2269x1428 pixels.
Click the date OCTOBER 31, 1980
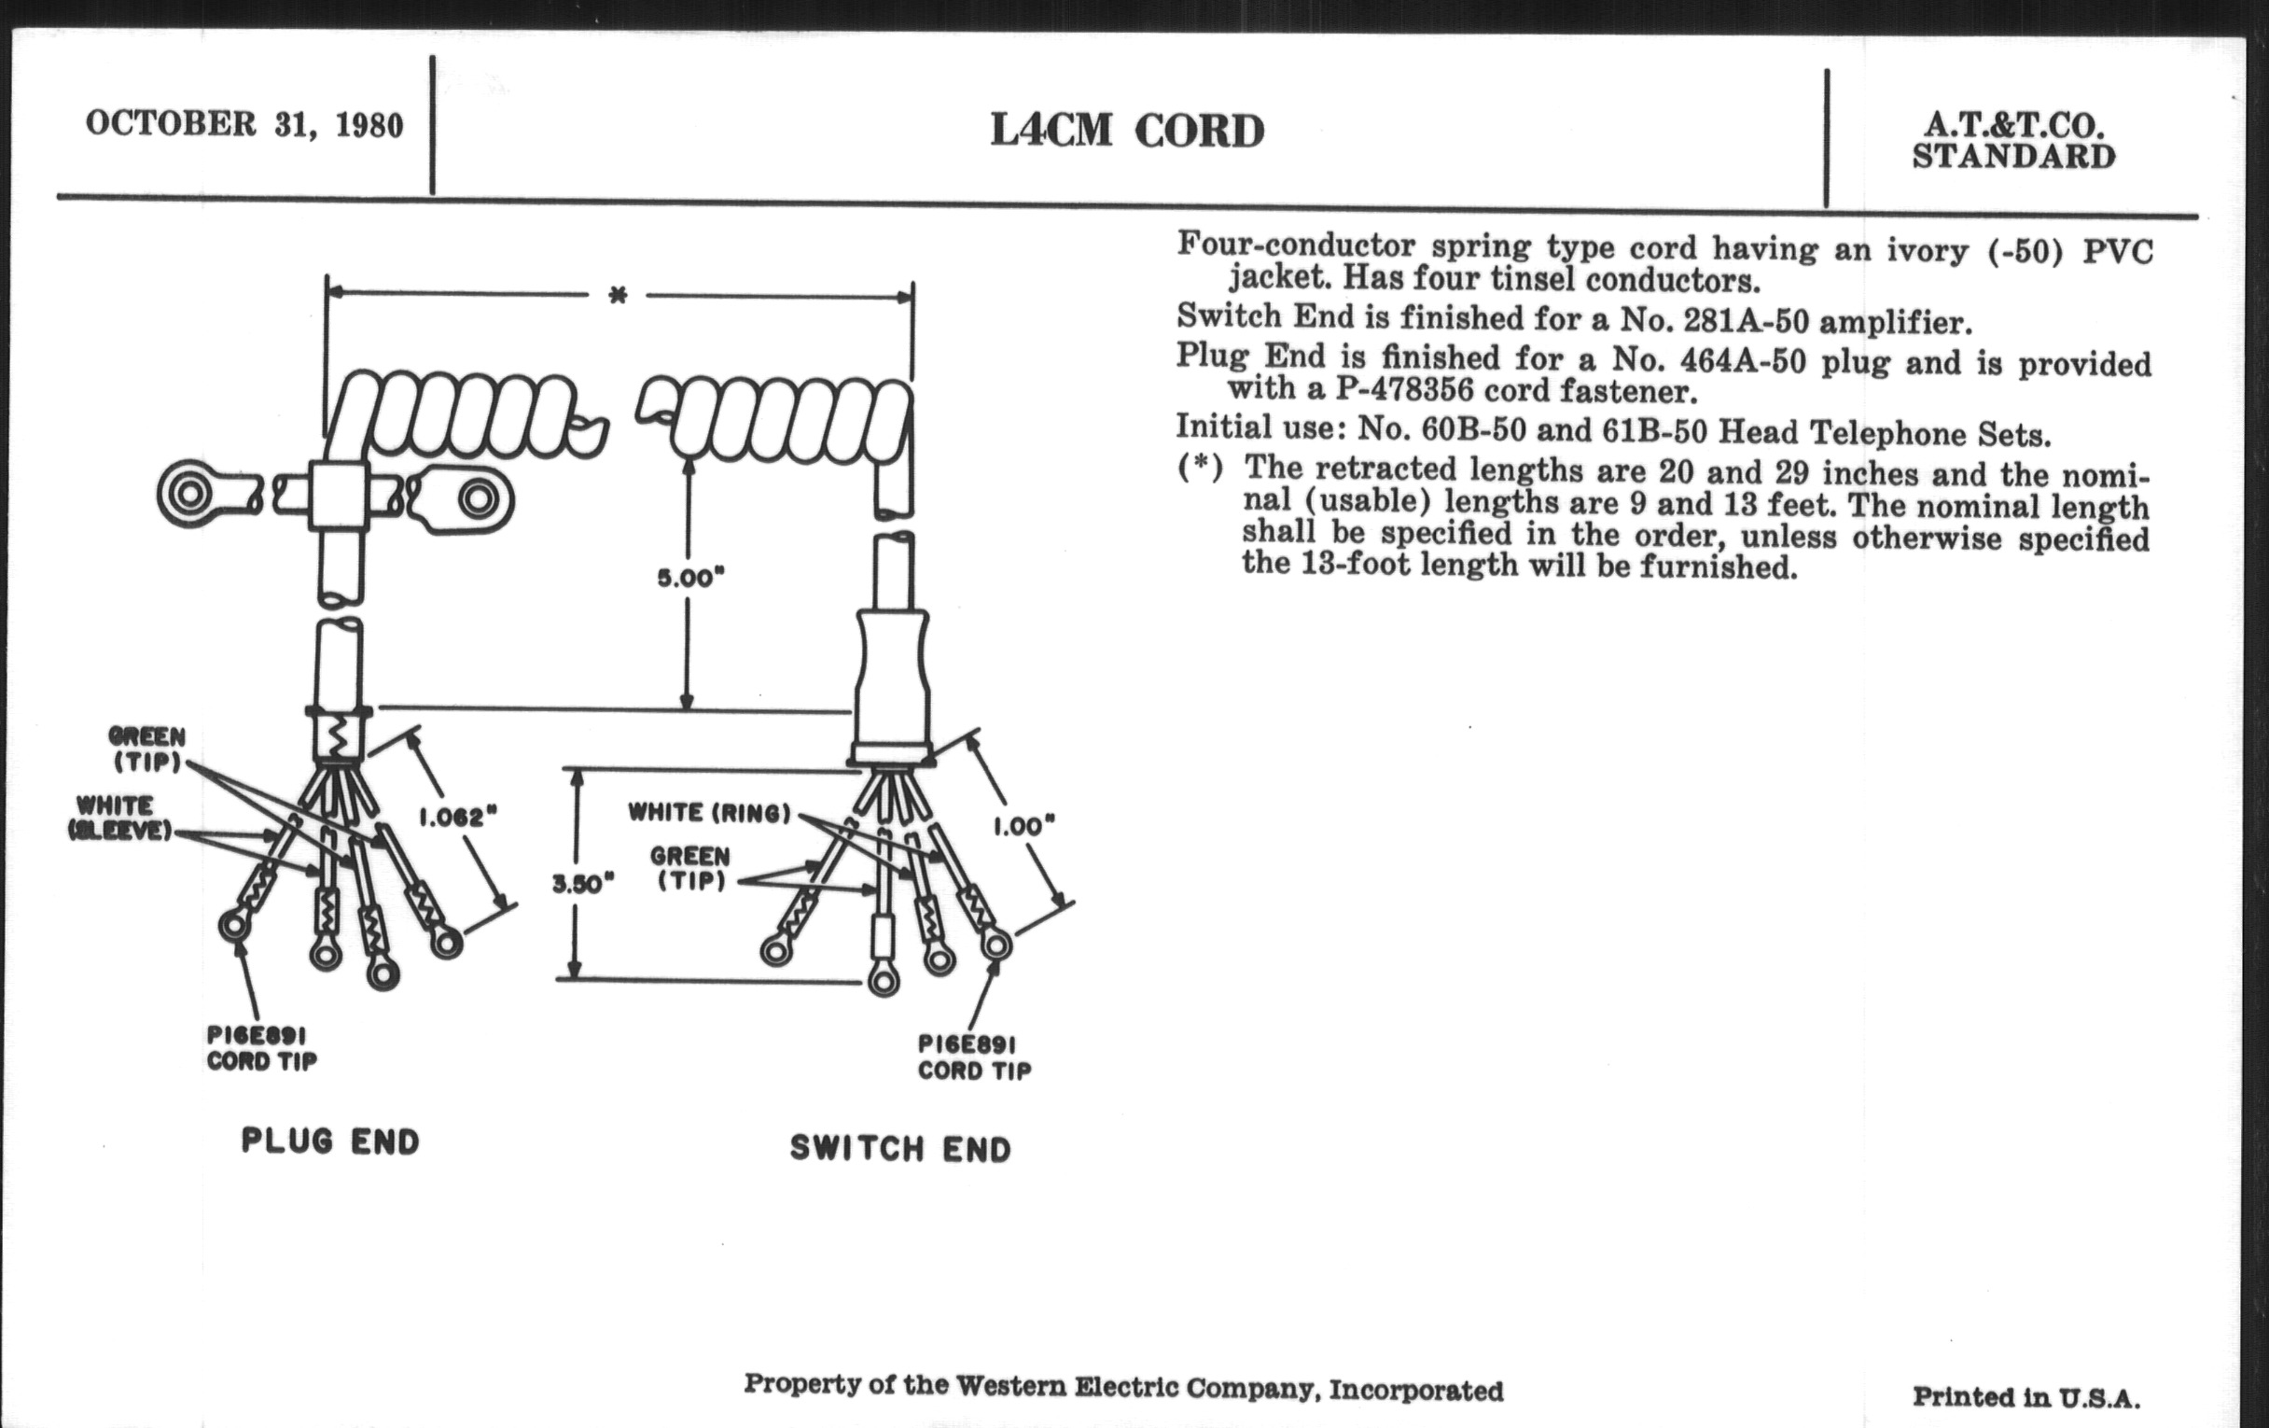(x=244, y=124)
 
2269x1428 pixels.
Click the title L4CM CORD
(x=1127, y=130)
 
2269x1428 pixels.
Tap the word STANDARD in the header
(x=2013, y=157)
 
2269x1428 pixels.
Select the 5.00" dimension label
(x=690, y=578)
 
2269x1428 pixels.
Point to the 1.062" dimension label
(x=458, y=818)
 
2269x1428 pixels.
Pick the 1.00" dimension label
(x=1023, y=827)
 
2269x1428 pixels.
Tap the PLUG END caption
(x=330, y=1141)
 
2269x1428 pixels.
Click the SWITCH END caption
(x=900, y=1148)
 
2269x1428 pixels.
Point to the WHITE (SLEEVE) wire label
(x=119, y=818)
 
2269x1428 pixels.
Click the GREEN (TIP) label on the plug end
(x=147, y=749)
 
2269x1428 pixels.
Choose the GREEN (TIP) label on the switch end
(x=690, y=868)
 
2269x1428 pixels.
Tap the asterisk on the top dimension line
(x=618, y=296)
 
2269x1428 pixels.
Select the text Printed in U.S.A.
(x=2025, y=1397)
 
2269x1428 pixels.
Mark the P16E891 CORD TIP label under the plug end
(x=262, y=1048)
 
